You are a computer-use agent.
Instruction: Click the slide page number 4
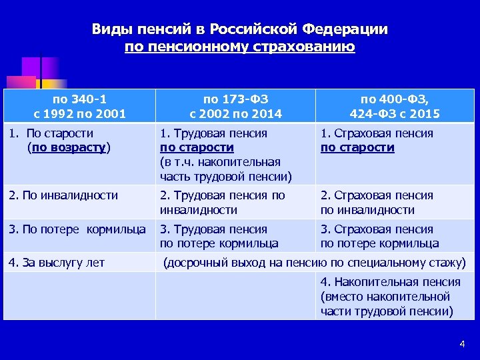tap(461, 343)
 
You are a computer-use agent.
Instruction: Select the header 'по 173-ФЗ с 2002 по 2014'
tap(235, 107)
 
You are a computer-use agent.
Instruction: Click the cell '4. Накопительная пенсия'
tap(389, 296)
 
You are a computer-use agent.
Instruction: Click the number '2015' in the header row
tap(426, 114)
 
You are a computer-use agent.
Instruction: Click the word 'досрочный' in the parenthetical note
tap(201, 263)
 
